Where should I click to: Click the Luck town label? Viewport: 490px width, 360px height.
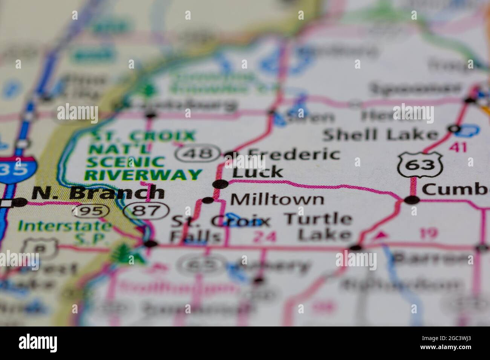click(257, 172)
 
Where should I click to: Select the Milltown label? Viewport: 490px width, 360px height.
click(277, 199)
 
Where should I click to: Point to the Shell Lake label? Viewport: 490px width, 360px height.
click(381, 134)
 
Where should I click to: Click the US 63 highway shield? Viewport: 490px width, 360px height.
click(419, 165)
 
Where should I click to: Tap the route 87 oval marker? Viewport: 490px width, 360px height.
click(147, 211)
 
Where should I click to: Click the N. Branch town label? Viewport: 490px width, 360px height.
click(98, 193)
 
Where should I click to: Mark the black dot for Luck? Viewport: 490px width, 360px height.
click(221, 184)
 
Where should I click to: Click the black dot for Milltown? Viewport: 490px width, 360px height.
click(208, 200)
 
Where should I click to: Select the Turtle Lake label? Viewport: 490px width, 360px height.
click(318, 227)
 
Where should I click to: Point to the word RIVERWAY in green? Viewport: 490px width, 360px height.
click(143, 175)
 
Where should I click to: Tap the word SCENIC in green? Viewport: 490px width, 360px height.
click(125, 162)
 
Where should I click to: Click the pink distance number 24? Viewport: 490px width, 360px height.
click(265, 237)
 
